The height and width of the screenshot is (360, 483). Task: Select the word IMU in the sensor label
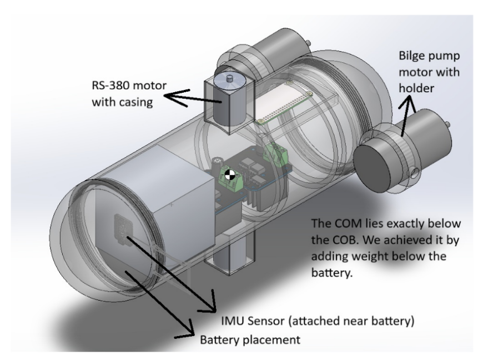[232, 321]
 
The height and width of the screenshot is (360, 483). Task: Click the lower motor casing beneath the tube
[227, 261]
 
